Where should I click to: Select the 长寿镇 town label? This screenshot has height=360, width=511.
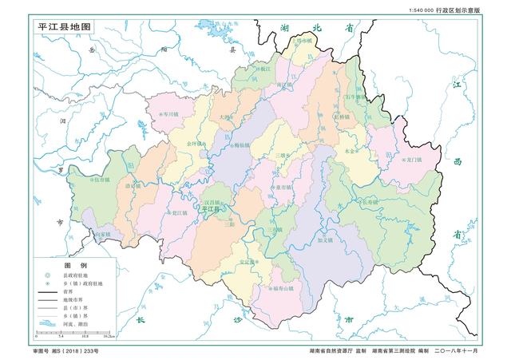click(374, 202)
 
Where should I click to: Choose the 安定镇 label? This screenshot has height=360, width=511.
click(248, 261)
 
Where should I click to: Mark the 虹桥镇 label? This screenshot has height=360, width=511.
click(341, 117)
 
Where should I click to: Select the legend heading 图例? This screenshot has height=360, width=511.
click(75, 264)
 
